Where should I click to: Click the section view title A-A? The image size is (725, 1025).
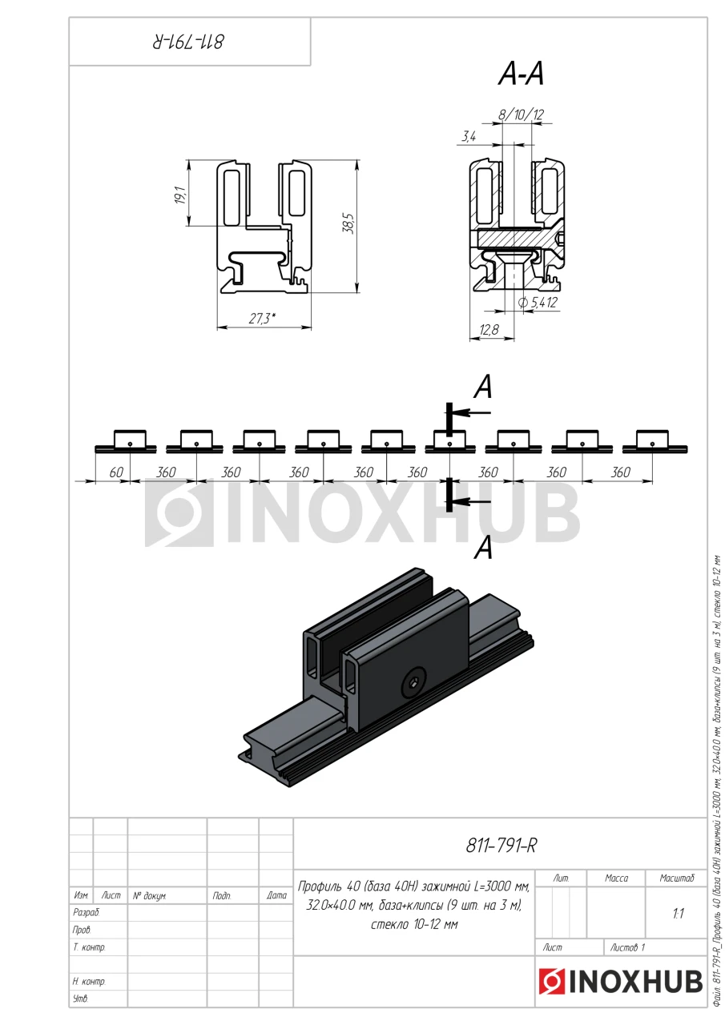point(521,74)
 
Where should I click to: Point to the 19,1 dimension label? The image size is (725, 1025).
point(180,195)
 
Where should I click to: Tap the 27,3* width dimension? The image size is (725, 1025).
point(262,319)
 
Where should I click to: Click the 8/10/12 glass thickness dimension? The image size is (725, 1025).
point(521,115)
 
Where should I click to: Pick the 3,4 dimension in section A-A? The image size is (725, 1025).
point(469,138)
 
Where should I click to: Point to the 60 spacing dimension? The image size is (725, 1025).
point(116,472)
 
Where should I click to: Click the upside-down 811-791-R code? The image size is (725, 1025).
point(190,40)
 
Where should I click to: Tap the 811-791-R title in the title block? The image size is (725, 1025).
point(501,845)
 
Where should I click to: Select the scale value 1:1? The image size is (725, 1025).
point(678,913)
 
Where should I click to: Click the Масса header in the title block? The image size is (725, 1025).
point(616,878)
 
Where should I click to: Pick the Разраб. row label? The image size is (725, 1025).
point(87,912)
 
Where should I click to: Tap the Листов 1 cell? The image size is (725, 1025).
point(627,947)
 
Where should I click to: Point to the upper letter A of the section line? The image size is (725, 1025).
point(482,388)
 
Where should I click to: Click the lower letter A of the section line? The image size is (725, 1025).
point(482,549)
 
